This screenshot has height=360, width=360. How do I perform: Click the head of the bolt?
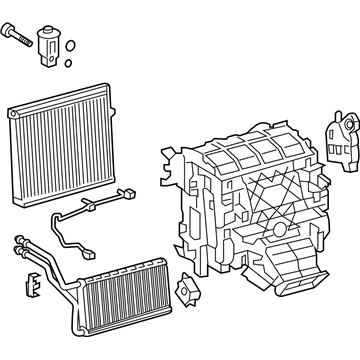pyautogui.click(x=13, y=35)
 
